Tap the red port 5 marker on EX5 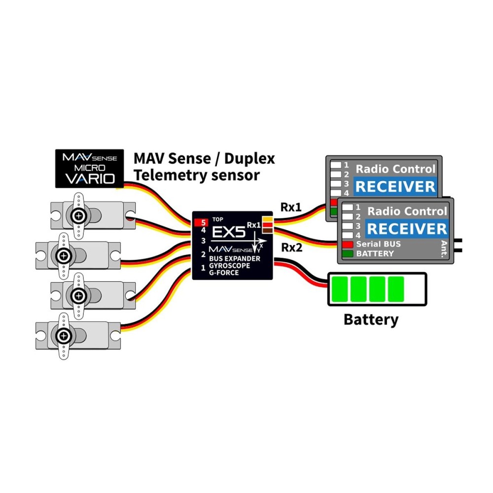201,222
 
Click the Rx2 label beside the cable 291,247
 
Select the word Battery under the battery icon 370,319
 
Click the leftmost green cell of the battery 340,288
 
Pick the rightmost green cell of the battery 396,288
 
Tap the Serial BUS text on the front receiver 378,244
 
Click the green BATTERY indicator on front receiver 347,253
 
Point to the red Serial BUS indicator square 347,244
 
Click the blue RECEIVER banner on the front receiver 407,229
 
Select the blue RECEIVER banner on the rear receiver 395,186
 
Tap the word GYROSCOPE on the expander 230,266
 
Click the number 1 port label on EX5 203,268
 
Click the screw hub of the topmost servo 78,215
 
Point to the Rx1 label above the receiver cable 291,208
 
